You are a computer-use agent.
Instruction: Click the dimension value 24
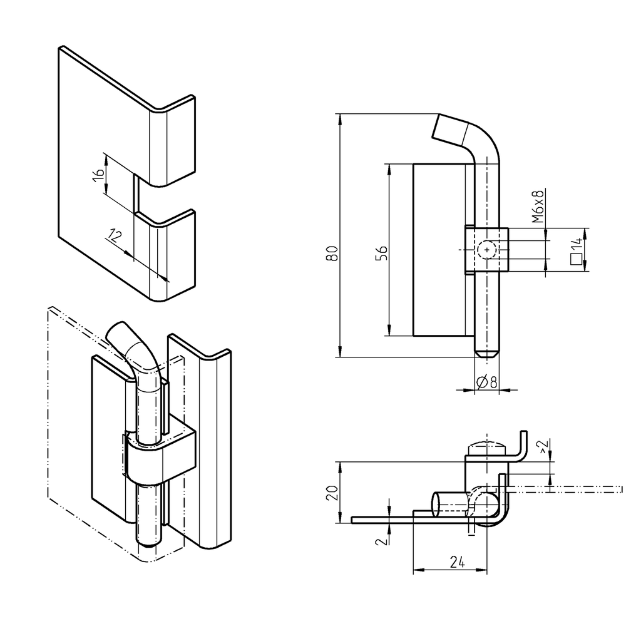pos(458,562)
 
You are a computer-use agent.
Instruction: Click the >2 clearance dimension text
pos(543,446)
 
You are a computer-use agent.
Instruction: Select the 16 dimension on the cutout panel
pos(98,175)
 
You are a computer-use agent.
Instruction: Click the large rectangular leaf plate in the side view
pos(441,250)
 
